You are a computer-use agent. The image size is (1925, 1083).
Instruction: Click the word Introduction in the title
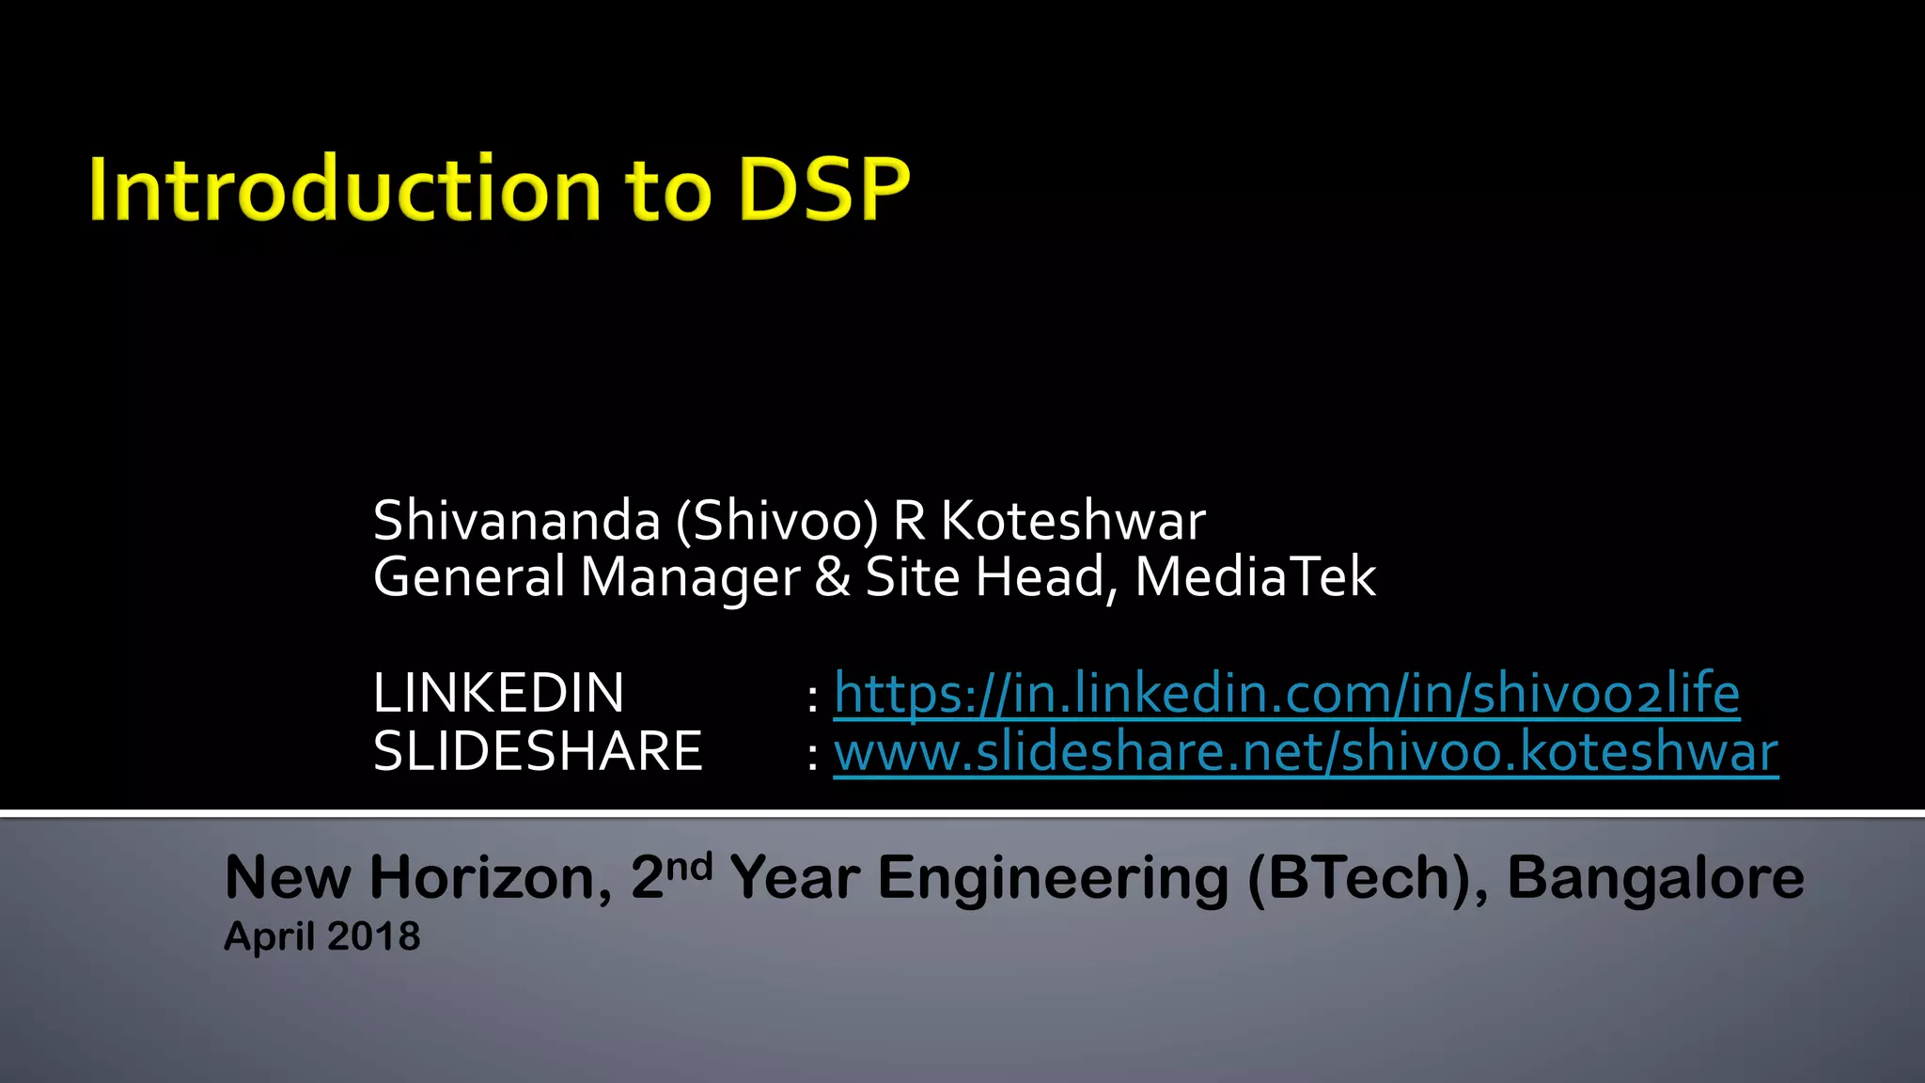pos(344,190)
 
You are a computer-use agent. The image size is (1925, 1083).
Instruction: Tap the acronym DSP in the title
pos(823,190)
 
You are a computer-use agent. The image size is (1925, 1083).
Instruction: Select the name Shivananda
pos(516,521)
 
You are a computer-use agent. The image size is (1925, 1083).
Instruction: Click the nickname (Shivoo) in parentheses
pos(777,521)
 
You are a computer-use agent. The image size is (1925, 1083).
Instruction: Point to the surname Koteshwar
pos(1072,521)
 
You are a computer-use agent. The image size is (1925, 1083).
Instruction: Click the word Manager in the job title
pos(690,577)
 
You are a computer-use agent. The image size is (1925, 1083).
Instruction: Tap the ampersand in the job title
pos(832,577)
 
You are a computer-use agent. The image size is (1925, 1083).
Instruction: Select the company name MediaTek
pos(1255,577)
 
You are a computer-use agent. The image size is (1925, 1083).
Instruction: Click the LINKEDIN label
pos(498,694)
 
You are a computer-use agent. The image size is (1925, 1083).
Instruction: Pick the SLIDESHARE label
pos(538,752)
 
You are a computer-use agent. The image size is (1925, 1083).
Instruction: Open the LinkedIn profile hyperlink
pos(1286,694)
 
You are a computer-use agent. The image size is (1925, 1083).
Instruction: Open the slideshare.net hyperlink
pos(1306,752)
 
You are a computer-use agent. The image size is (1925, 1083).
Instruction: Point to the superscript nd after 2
pos(689,865)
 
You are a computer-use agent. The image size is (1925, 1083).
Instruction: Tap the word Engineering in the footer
pos(1053,878)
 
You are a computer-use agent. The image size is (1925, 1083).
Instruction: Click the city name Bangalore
pos(1655,878)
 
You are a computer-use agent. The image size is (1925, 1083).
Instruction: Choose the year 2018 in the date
pos(373,936)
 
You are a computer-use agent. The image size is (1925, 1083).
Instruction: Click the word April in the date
pos(269,936)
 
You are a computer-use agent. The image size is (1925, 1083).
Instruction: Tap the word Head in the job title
pos(1041,577)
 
